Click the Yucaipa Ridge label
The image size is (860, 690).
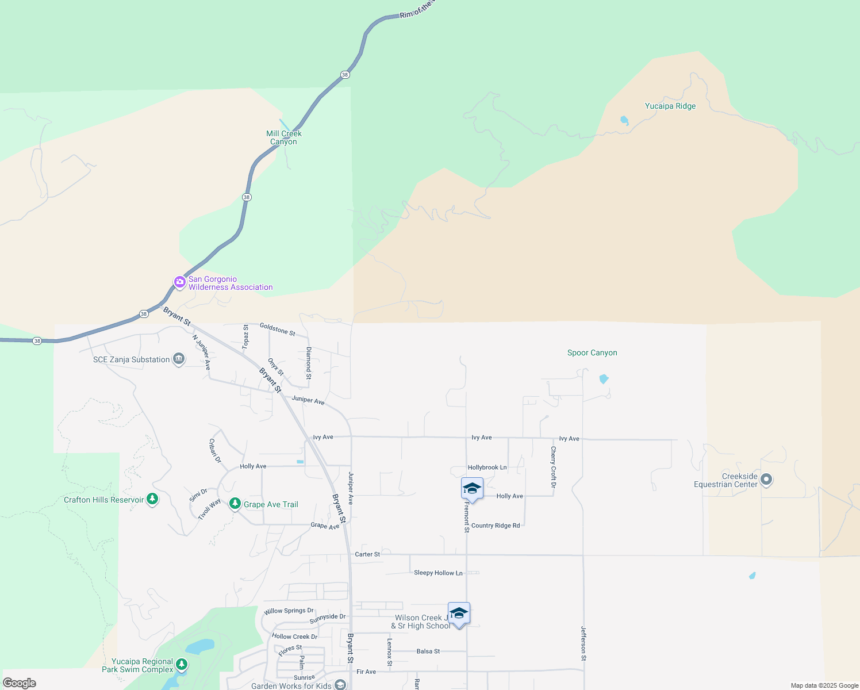(670, 106)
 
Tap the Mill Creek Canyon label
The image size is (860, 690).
(284, 137)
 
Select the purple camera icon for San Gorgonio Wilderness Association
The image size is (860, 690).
(180, 282)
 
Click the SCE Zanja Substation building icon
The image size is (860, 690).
(179, 359)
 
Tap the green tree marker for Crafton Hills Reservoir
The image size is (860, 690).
(152, 499)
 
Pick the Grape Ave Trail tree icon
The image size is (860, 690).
(235, 504)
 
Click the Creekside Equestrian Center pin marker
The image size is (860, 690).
(766, 479)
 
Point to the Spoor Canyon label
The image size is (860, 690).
(592, 353)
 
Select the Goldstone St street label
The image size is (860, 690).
(277, 329)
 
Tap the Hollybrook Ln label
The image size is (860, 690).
(487, 467)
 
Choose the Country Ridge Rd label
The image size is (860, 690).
(496, 526)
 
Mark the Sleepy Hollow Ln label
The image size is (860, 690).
(438, 573)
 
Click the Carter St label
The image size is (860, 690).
(367, 554)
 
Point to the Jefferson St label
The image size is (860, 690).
(583, 643)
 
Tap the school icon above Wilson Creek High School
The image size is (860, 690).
(459, 613)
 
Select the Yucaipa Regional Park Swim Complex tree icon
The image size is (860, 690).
(182, 665)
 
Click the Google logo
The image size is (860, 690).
(20, 683)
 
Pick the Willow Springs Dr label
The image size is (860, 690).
(289, 611)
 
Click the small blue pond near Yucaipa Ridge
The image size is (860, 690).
(624, 121)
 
